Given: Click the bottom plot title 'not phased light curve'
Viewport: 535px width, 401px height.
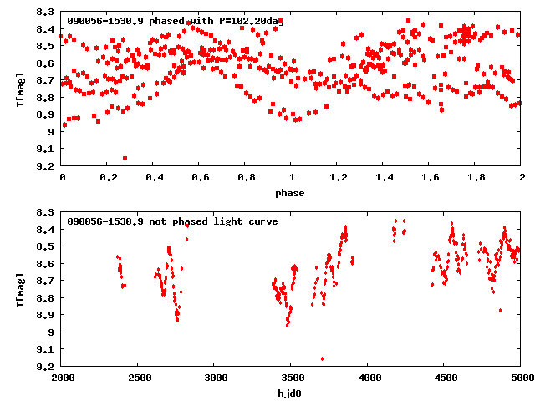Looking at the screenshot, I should [x=172, y=221].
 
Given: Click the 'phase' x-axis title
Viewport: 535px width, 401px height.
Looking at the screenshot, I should [x=291, y=193].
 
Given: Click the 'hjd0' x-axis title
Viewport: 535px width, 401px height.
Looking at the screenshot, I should [x=291, y=393].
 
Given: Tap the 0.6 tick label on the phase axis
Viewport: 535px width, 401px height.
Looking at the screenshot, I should [x=199, y=178].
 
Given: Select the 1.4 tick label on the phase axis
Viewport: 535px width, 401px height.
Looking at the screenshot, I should [x=383, y=178].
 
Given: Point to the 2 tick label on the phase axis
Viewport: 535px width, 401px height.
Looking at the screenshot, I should [x=521, y=178].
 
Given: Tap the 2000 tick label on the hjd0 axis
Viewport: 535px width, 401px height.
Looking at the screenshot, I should [x=62, y=378].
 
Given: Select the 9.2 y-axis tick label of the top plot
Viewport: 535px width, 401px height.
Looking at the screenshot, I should [x=47, y=165].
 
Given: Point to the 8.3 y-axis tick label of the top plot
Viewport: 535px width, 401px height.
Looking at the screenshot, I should [x=47, y=12].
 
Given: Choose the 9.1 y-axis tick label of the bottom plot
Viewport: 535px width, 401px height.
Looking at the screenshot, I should [x=47, y=349].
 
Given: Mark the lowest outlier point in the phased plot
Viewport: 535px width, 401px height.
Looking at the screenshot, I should [x=125, y=158].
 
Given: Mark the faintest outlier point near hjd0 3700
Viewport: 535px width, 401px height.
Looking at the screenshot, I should [x=322, y=358].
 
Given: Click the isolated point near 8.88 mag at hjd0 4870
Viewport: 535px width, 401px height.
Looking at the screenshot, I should [x=500, y=310].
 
